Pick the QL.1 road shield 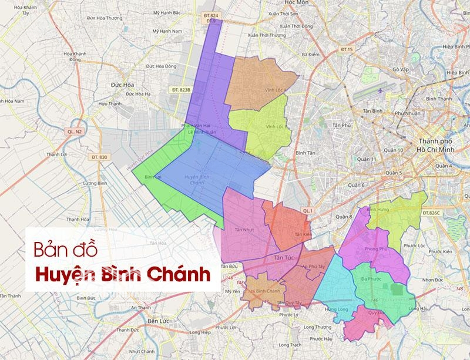point(307,210)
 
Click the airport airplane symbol point(381,92)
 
